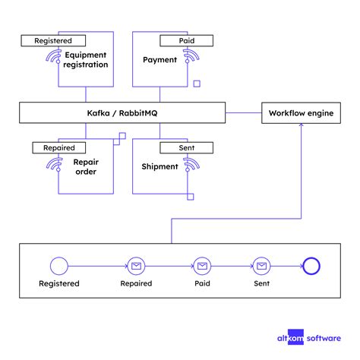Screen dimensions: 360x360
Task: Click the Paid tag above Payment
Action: [180, 40]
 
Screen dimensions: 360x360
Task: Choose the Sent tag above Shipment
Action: [180, 149]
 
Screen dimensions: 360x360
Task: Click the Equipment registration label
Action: [87, 60]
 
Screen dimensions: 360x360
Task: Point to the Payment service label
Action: [159, 59]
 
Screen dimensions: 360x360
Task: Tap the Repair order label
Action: [85, 166]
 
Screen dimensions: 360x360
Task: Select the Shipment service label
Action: [159, 166]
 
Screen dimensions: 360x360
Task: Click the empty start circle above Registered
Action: [58, 266]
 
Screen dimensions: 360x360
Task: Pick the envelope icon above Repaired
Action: [136, 266]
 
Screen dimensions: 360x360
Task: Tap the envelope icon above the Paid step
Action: [201, 266]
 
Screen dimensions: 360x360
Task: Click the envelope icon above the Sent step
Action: [261, 266]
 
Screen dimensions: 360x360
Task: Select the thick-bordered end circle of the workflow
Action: [312, 266]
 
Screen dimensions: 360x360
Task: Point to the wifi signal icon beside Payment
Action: [189, 56]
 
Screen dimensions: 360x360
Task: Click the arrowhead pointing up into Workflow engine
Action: [302, 128]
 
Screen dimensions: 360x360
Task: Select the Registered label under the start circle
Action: [59, 283]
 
